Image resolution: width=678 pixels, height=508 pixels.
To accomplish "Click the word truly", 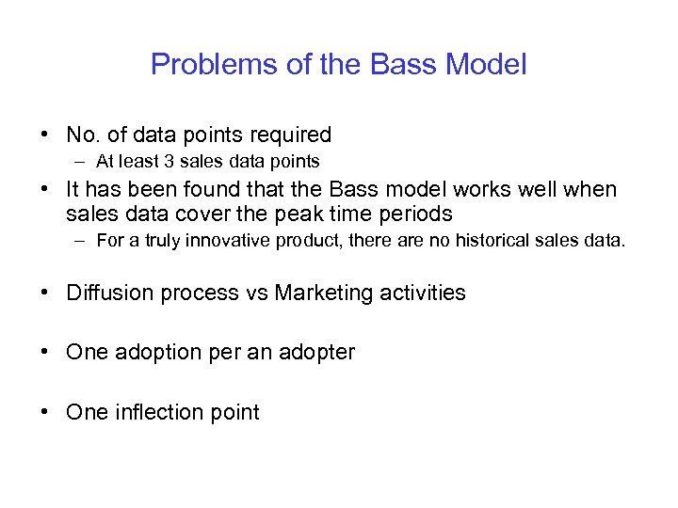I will tap(162, 241).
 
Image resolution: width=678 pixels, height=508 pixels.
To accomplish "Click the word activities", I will tap(423, 293).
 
